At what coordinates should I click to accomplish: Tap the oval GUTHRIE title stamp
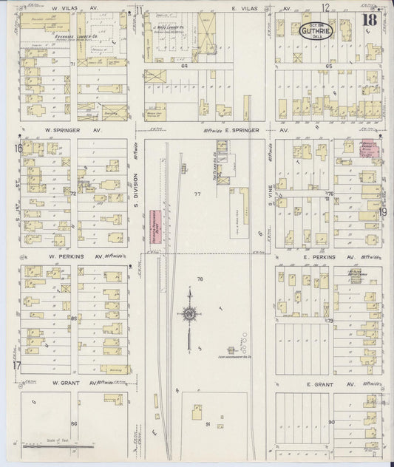(317, 30)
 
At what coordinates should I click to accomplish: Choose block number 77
(197, 194)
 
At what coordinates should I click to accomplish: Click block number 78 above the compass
(200, 279)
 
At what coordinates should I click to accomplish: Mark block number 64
(186, 66)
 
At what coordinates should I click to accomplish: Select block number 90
(331, 421)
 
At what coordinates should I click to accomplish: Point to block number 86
(73, 423)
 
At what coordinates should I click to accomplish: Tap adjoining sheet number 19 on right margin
(384, 211)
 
